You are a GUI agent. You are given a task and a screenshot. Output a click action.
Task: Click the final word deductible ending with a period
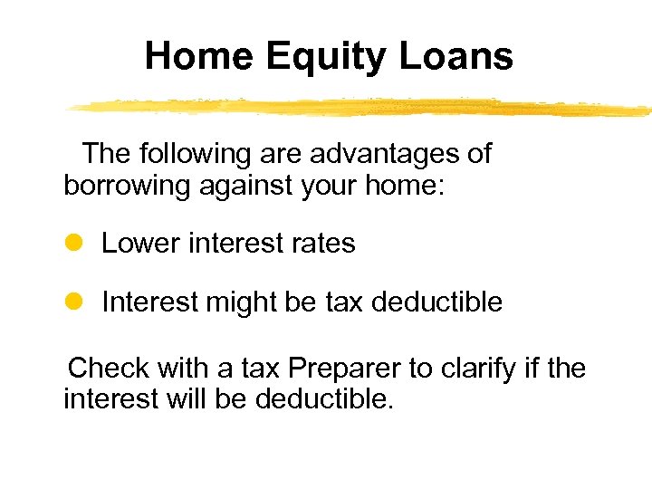point(325,399)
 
